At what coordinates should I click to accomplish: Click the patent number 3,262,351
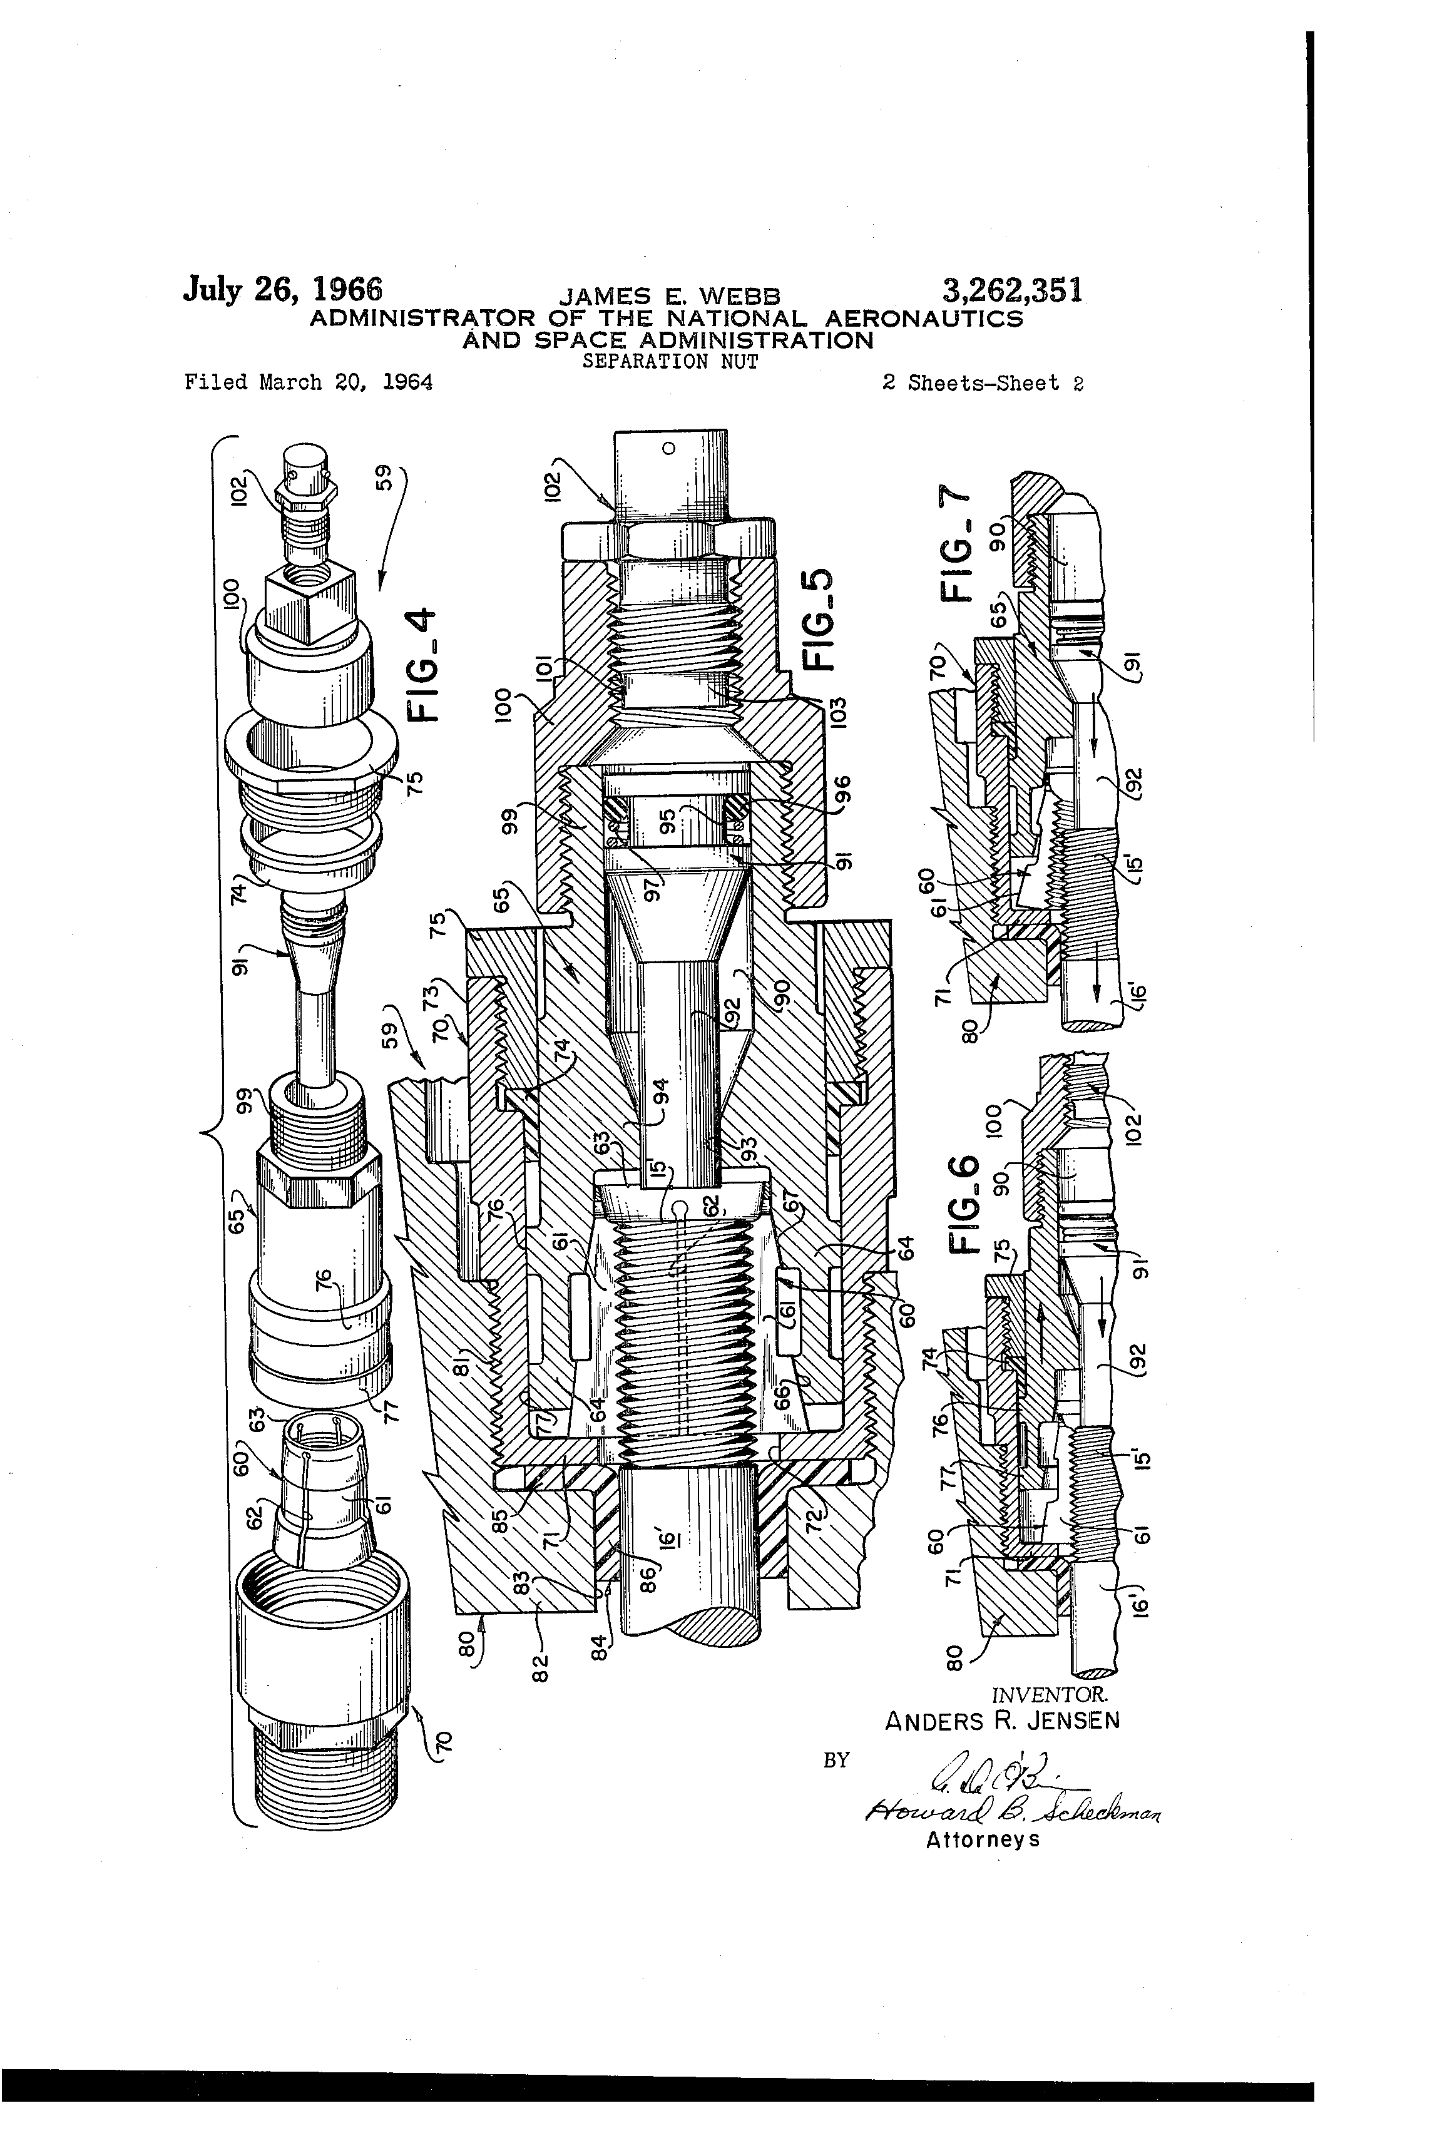coord(1011,291)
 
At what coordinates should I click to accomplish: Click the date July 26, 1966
coord(283,289)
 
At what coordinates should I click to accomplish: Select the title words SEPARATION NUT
coord(670,362)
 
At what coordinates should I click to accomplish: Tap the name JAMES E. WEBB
coord(670,297)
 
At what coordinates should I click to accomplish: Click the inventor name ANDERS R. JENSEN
coord(1002,1720)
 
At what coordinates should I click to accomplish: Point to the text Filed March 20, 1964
coord(309,382)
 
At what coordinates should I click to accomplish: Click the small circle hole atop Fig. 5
coord(668,448)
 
